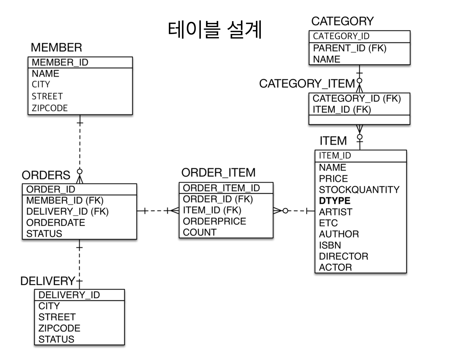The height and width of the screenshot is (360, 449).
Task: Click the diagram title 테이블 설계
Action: (x=215, y=29)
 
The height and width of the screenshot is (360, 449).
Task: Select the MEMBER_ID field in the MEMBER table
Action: (x=60, y=62)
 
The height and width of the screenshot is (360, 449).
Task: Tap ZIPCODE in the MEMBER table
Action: (x=50, y=108)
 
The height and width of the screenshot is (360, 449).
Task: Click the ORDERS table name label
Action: (x=46, y=175)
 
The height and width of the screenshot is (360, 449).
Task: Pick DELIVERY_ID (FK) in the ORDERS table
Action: (x=67, y=211)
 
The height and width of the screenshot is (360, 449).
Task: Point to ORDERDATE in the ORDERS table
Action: (x=56, y=222)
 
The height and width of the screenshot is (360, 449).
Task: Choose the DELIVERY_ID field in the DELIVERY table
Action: (x=69, y=295)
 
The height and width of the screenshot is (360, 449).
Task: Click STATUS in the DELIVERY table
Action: (x=56, y=339)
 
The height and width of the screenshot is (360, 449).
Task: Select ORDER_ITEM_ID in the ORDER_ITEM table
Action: (x=221, y=188)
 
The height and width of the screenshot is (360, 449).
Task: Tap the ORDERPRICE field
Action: (x=214, y=221)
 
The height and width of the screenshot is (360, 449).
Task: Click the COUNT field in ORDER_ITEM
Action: (x=200, y=232)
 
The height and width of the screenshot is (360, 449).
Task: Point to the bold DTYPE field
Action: (x=335, y=200)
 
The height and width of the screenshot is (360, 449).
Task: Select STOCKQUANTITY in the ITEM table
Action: (x=359, y=190)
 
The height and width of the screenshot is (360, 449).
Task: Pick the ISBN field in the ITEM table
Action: (x=330, y=245)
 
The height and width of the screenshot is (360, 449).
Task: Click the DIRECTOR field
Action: (x=343, y=256)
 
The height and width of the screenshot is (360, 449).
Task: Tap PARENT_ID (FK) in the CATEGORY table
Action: (x=349, y=48)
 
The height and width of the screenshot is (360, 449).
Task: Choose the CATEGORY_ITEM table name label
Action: (x=307, y=84)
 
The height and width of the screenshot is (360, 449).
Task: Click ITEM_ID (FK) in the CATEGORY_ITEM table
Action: (x=342, y=110)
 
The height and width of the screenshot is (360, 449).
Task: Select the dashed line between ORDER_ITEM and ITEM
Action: (x=297, y=211)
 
